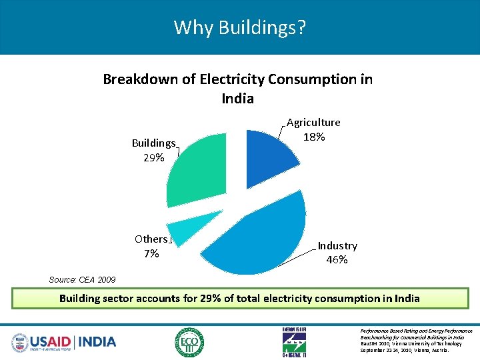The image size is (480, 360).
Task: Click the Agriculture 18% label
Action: (x=313, y=129)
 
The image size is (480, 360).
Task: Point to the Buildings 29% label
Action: (x=153, y=150)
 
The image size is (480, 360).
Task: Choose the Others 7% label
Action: (x=151, y=246)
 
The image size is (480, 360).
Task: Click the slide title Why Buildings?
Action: (x=240, y=27)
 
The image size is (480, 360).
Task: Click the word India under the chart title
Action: (x=237, y=99)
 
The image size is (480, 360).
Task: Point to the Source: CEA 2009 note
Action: (x=82, y=280)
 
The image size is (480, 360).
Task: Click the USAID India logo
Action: (x=64, y=342)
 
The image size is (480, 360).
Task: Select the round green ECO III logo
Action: (x=189, y=342)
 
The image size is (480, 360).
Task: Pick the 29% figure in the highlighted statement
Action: (x=209, y=298)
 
